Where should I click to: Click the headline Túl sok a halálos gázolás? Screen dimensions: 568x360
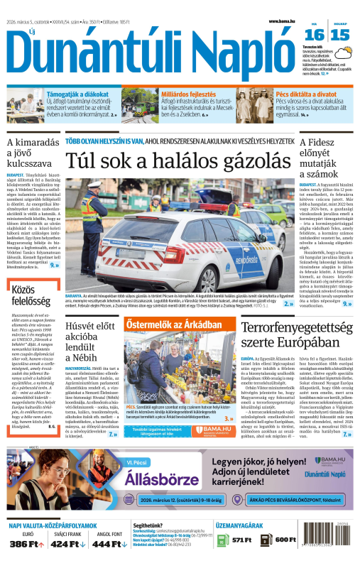(180, 163)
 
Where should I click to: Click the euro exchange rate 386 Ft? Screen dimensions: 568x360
(23, 544)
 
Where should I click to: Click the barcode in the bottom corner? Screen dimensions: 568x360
(337, 551)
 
